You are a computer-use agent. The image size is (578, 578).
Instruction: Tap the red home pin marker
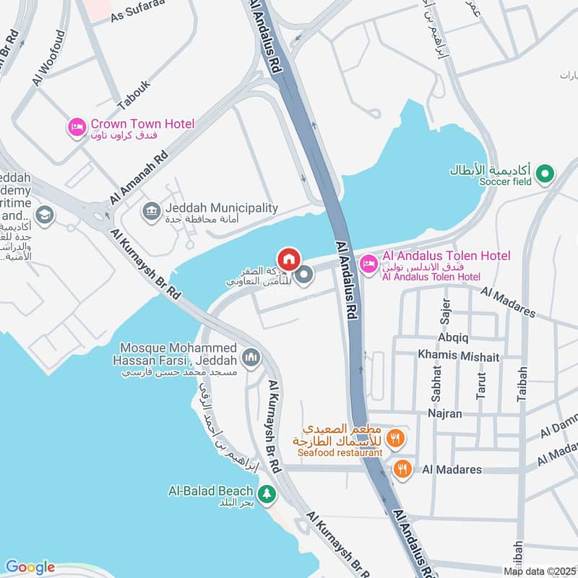pos(288,258)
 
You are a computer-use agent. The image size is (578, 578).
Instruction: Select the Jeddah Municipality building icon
pos(152,211)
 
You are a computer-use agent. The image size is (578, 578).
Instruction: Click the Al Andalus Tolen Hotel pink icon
pos(368,262)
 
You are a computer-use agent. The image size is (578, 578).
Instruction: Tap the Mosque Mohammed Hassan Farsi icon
pos(251,356)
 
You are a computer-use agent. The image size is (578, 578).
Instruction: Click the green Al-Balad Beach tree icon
pos(268,493)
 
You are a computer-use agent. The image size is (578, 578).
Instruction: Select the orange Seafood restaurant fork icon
pos(395,436)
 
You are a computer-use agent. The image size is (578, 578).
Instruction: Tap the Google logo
pos(30,567)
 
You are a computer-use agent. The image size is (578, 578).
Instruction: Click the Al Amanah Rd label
pos(139,177)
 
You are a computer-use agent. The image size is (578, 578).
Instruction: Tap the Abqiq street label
pos(453,337)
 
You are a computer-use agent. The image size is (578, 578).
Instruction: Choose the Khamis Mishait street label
pos(458,357)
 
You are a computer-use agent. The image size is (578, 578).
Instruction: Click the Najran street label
pos(444,414)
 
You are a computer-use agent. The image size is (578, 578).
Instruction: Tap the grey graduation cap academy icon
pos(44,216)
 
